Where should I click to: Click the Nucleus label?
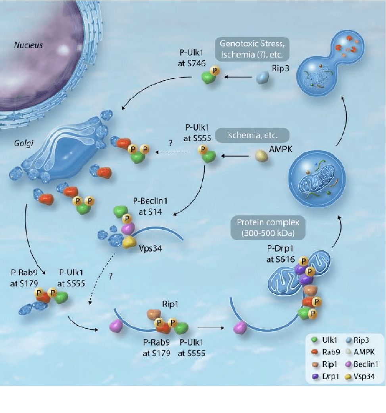pyautogui.click(x=28, y=45)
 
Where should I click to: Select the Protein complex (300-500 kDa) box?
pyautogui.click(x=268, y=227)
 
